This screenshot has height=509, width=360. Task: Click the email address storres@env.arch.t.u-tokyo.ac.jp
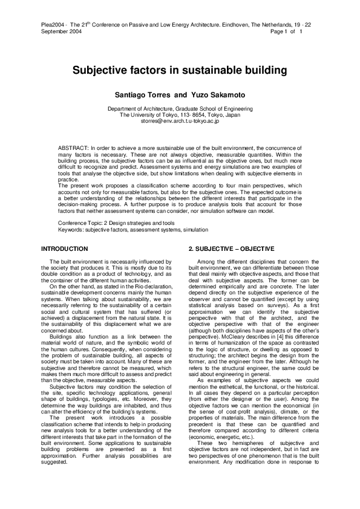(180, 121)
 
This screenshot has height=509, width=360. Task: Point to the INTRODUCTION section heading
(64, 249)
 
